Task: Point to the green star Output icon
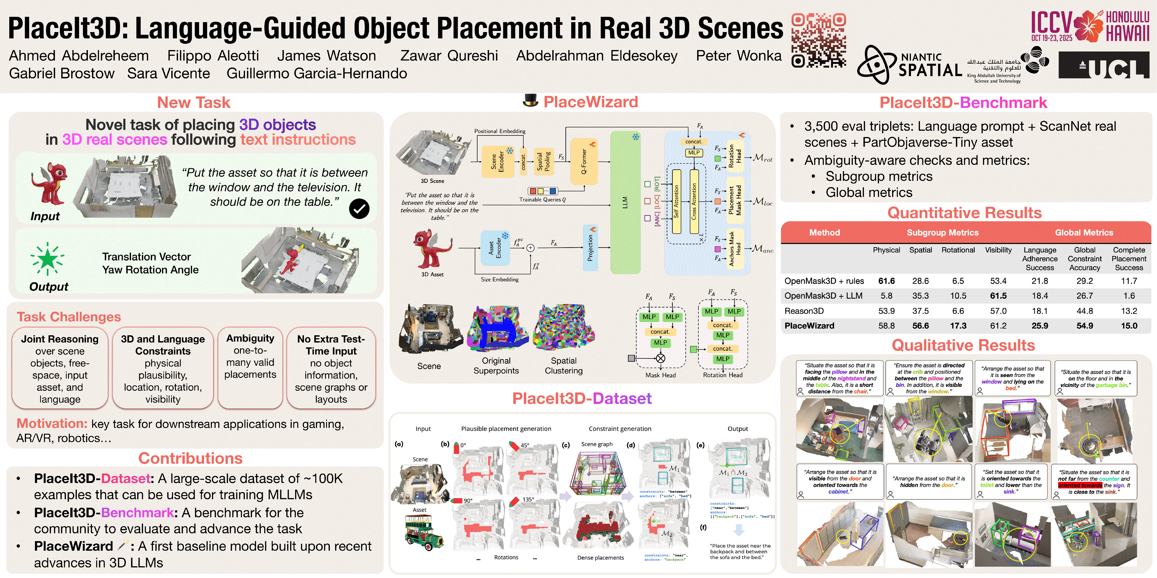click(x=47, y=259)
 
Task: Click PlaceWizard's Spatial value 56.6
click(x=920, y=326)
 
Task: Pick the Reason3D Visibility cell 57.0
click(x=998, y=311)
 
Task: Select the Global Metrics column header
click(x=1084, y=233)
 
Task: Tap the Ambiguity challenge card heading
click(x=250, y=338)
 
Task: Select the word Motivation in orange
click(x=52, y=424)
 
